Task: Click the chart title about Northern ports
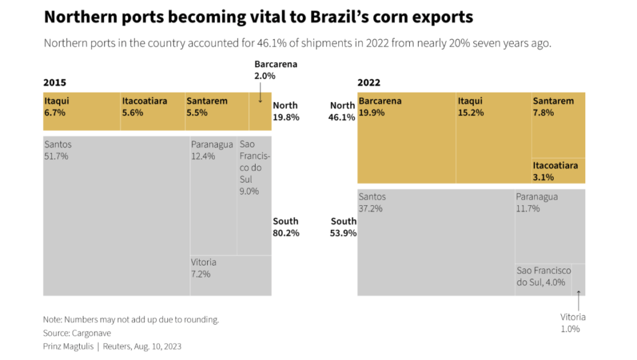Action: pyautogui.click(x=258, y=17)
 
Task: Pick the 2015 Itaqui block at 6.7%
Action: pyautogui.click(x=81, y=111)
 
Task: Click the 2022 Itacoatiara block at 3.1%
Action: pyautogui.click(x=558, y=171)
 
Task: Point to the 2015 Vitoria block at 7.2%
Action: pyautogui.click(x=230, y=275)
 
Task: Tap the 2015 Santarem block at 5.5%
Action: pyautogui.click(x=217, y=111)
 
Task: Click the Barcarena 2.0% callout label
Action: pyautogui.click(x=276, y=70)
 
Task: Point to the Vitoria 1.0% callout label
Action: pyautogui.click(x=573, y=323)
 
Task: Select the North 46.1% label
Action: pyautogui.click(x=343, y=111)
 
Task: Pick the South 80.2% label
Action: pyautogui.click(x=286, y=227)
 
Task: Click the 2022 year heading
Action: pyautogui.click(x=369, y=83)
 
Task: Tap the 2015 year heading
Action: pyautogui.click(x=55, y=83)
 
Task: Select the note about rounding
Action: pyautogui.click(x=131, y=320)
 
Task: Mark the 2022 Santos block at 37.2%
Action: pyautogui.click(x=435, y=242)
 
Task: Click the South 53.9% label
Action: pyautogui.click(x=343, y=227)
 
